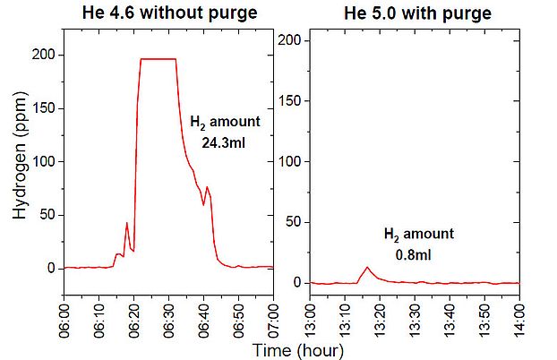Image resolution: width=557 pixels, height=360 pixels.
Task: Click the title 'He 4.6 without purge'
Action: pos(167,13)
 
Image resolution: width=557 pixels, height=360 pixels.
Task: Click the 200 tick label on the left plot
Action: pos(45,56)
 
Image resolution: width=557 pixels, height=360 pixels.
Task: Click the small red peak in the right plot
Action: pos(367,268)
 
